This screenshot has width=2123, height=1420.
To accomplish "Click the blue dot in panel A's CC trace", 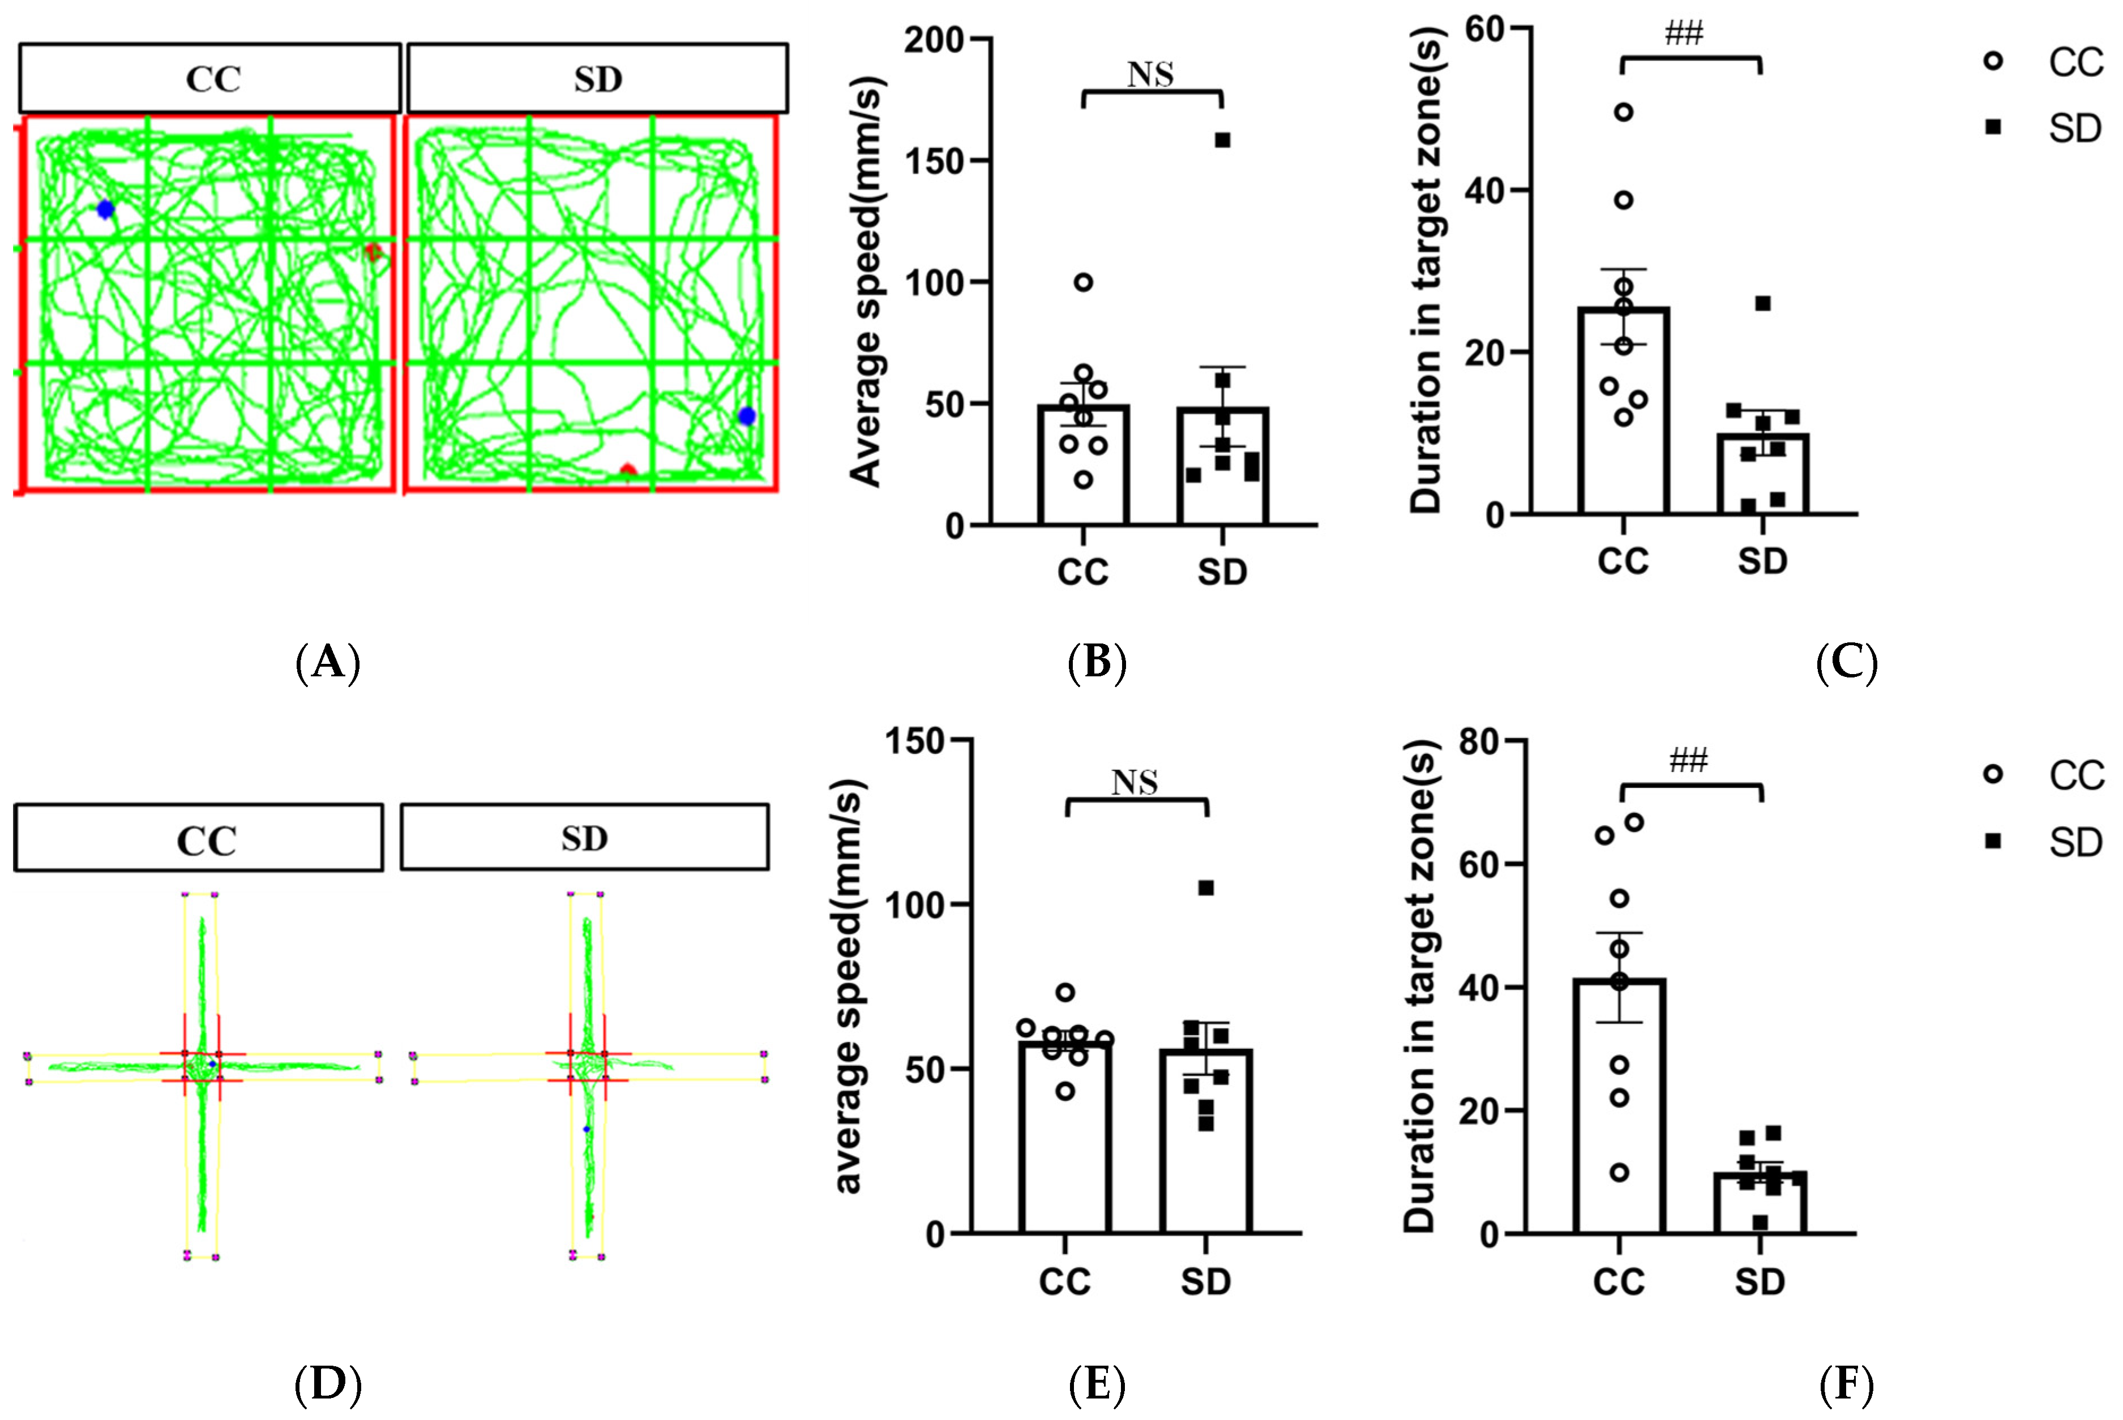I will click(x=105, y=209).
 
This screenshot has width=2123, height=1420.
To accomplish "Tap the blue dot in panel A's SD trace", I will click(x=746, y=415).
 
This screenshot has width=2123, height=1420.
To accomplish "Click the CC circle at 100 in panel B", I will click(x=1083, y=282).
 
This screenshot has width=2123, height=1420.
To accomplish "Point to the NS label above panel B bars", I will click(x=1150, y=74).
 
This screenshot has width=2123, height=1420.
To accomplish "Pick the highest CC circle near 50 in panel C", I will click(x=1623, y=112).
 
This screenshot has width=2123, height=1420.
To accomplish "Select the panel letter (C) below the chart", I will click(x=1846, y=662).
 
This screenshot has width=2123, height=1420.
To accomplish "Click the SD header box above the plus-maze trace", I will click(x=584, y=838).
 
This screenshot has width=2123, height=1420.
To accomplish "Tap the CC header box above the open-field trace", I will click(x=210, y=78).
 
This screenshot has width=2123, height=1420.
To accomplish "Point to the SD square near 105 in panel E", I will click(x=1206, y=887).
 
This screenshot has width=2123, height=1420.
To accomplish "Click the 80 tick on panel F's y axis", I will click(x=1486, y=741).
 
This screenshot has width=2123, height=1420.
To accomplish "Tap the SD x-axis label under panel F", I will click(x=1760, y=1281).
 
